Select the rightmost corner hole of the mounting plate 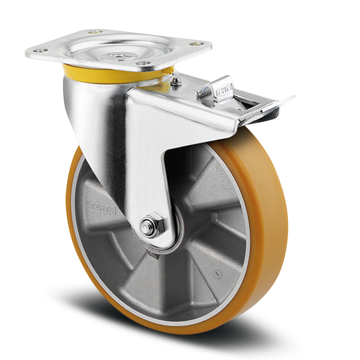click(x=197, y=44)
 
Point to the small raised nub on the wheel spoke click(x=215, y=217)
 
